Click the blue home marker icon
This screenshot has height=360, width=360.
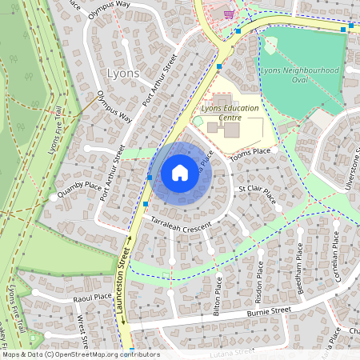[x=180, y=172]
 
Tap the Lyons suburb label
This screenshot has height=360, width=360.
[x=122, y=73]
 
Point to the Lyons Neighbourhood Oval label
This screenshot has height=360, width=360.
[x=310, y=74]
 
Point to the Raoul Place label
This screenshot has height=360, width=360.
[x=92, y=297]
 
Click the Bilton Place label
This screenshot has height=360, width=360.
[x=218, y=297]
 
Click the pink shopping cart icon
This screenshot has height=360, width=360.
[x=230, y=14]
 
